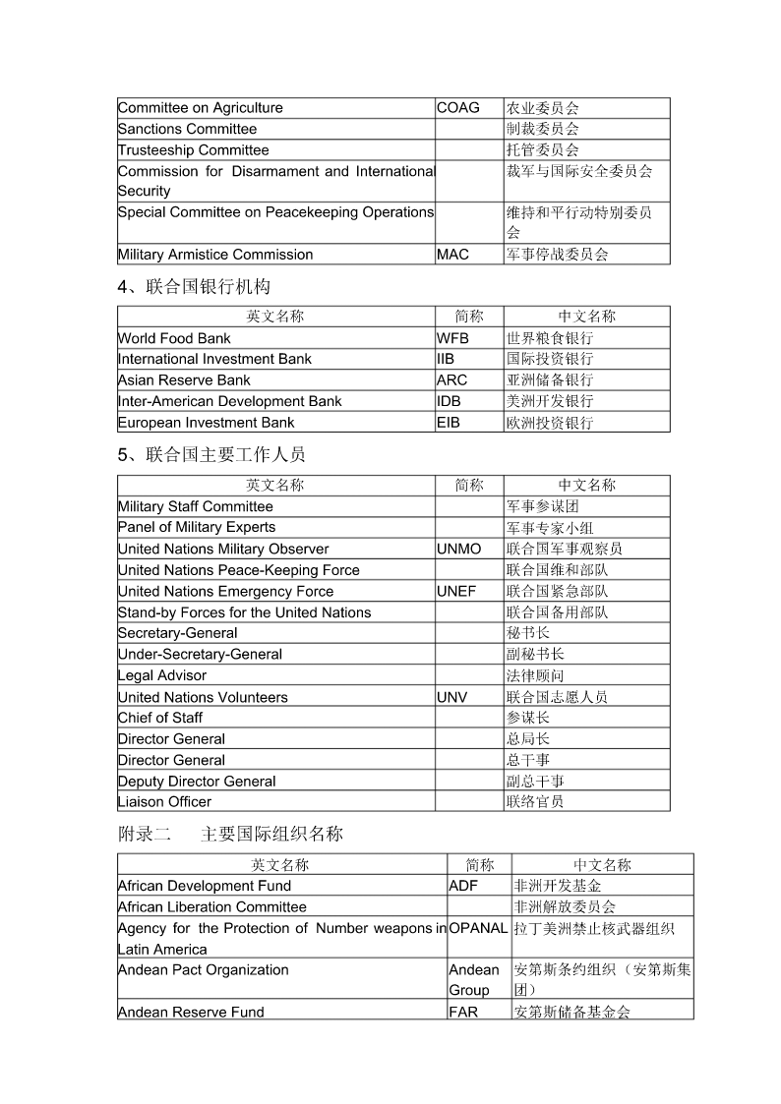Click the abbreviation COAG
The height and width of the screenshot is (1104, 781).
coord(457,108)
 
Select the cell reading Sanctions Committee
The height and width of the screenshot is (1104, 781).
coord(187,129)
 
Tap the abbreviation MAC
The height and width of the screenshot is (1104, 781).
coord(452,255)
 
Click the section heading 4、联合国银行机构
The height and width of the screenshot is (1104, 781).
coord(194,287)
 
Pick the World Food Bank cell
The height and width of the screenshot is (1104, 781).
coord(174,338)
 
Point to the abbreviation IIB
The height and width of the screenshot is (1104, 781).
coord(446,359)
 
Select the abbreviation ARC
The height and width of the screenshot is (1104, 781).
coord(451,380)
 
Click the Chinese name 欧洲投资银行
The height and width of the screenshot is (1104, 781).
coord(550,423)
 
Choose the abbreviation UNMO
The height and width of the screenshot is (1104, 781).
coord(458,549)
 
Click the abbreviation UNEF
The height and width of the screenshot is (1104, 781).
coord(455,591)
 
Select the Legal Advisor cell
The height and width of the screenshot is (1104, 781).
coord(162,675)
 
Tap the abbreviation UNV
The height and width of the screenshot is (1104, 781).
coord(451,697)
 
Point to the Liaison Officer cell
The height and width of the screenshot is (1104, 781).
coord(164,802)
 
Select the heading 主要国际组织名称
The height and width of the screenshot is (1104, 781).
coord(271,834)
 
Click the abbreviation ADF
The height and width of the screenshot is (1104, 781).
coord(463,886)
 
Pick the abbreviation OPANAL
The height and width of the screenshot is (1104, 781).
coord(478,928)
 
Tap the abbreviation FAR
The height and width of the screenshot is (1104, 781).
coord(463,1012)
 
